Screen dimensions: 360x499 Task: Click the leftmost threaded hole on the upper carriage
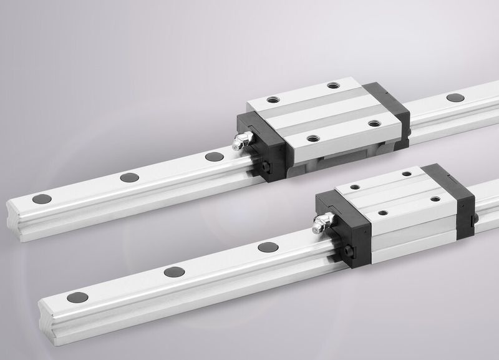click(x=272, y=99)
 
